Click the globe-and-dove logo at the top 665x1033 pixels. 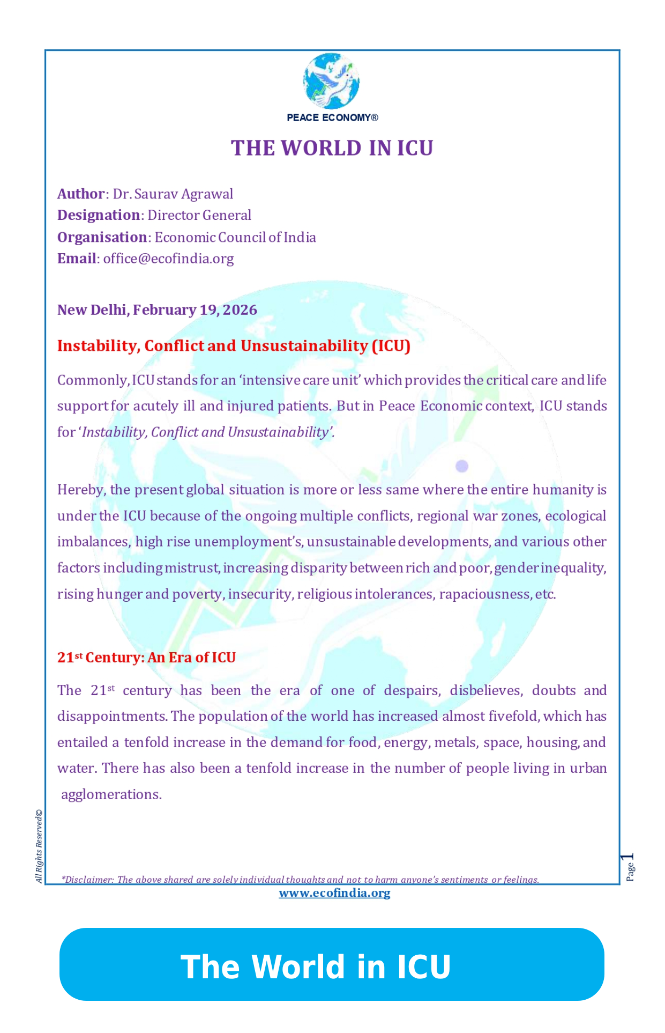pyautogui.click(x=331, y=81)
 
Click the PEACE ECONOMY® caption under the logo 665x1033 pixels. pyautogui.click(x=332, y=117)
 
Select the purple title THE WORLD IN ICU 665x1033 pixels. pyautogui.click(x=332, y=148)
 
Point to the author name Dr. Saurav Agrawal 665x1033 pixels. pyautogui.click(x=173, y=194)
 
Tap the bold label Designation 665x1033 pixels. pyautogui.click(x=99, y=215)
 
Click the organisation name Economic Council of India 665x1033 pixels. pyautogui.click(x=235, y=237)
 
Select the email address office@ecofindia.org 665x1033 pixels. pyautogui.click(x=168, y=259)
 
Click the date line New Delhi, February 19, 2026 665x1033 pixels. pyautogui.click(x=157, y=310)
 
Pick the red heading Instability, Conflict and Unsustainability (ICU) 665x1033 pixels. pyautogui.click(x=234, y=346)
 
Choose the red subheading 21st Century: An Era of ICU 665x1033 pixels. pyautogui.click(x=146, y=658)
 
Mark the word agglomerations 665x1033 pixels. pyautogui.click(x=111, y=795)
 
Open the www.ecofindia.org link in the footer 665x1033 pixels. pyautogui.click(x=334, y=893)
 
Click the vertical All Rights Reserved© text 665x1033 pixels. pyautogui.click(x=39, y=846)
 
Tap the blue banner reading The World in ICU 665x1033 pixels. pyautogui.click(x=332, y=964)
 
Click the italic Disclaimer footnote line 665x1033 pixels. pyautogui.click(x=300, y=880)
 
